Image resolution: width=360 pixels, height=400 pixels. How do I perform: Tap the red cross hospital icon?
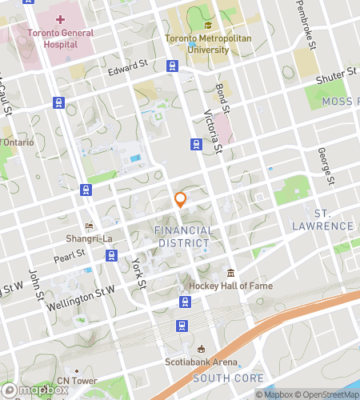(x=61, y=18)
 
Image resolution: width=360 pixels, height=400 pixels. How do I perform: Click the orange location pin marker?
(x=181, y=200)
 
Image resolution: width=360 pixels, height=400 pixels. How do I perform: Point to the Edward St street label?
(x=129, y=73)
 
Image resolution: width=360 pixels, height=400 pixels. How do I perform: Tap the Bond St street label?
(x=223, y=101)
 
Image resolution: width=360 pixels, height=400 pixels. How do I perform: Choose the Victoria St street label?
(x=214, y=131)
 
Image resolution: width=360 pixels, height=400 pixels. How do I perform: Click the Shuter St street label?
(x=337, y=74)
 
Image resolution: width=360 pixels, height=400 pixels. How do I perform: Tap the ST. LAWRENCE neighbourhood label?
(x=333, y=220)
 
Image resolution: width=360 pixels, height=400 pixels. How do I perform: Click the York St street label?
(x=141, y=272)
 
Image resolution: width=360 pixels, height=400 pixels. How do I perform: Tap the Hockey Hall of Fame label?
(x=230, y=286)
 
